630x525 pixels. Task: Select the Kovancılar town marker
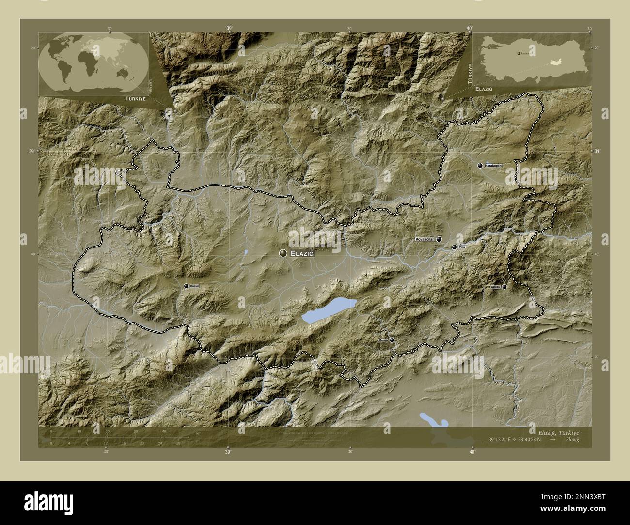(x=439, y=239)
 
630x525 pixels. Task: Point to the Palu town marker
(x=454, y=247)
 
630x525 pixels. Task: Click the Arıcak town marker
(x=504, y=287)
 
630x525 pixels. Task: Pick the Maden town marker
(x=392, y=340)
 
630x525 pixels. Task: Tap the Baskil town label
(x=194, y=286)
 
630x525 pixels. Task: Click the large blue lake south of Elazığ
(x=329, y=310)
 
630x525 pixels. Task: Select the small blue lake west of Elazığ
(x=246, y=252)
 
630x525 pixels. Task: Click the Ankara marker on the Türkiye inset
(x=518, y=53)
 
